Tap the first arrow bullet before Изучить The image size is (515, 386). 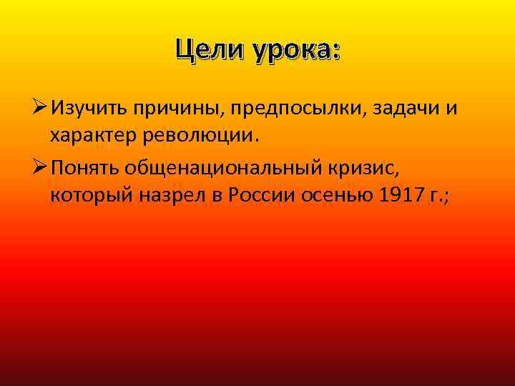(x=38, y=109)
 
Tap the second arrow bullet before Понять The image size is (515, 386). (x=38, y=167)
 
